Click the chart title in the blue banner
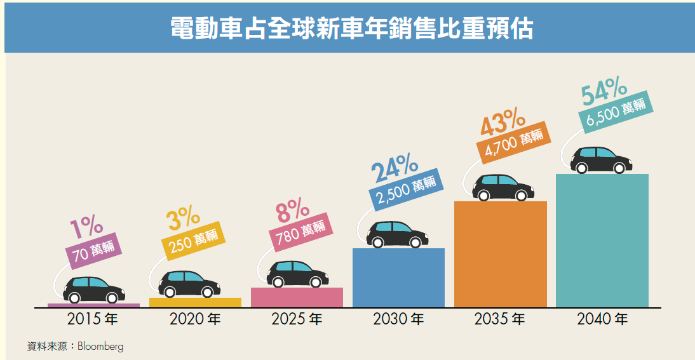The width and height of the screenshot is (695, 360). click(x=351, y=29)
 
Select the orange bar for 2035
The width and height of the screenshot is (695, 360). click(x=500, y=254)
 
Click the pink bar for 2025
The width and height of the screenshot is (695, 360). click(x=297, y=297)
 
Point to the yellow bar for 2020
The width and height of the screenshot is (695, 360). click(x=195, y=302)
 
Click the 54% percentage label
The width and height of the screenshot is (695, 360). click(x=603, y=92)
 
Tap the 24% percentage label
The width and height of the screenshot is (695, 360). click(x=394, y=170)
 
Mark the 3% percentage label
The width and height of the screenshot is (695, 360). click(x=184, y=220)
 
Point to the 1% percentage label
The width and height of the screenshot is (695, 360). click(x=85, y=225)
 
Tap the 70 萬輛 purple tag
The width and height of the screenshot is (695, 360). click(x=93, y=250)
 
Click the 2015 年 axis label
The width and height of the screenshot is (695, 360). click(x=93, y=319)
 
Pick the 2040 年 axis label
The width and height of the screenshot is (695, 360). click(x=602, y=319)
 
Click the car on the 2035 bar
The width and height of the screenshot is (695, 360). click(x=503, y=187)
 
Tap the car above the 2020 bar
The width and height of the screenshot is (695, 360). click(x=189, y=284)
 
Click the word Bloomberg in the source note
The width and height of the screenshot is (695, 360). click(x=100, y=347)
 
